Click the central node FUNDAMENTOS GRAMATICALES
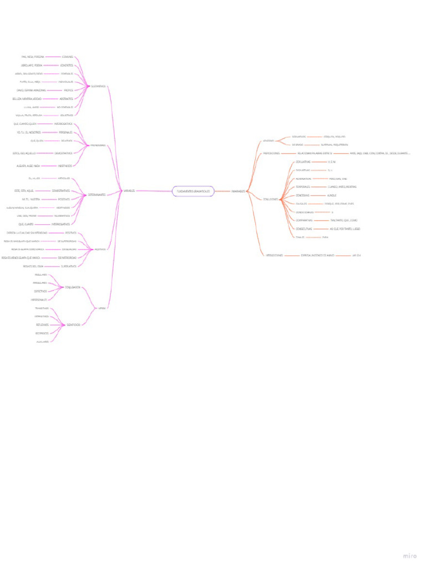click(x=193, y=191)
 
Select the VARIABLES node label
click(x=129, y=191)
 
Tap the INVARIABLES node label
click(x=239, y=191)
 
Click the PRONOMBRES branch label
click(x=98, y=145)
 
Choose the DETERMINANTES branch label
click(x=98, y=195)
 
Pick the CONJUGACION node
click(x=73, y=287)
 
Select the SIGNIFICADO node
click(x=73, y=324)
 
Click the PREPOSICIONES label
click(x=271, y=153)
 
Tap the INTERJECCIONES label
click(x=274, y=255)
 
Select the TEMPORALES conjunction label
click(x=303, y=187)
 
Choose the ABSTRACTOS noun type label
click(x=66, y=99)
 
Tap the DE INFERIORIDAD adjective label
click(x=68, y=258)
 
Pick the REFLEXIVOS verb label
click(x=42, y=324)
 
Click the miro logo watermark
click(x=409, y=556)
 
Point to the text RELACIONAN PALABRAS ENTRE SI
click(x=315, y=153)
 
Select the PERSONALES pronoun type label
click(x=65, y=133)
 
